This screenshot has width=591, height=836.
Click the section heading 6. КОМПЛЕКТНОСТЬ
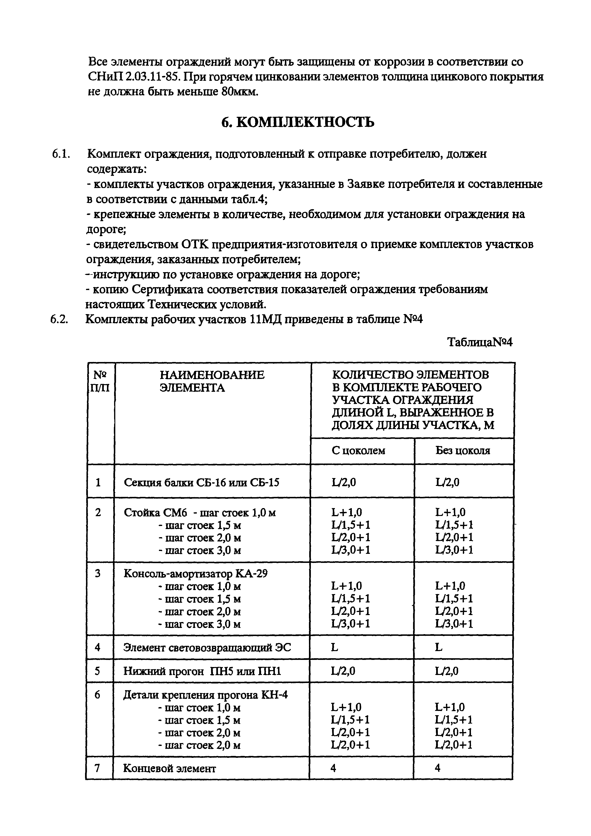(x=298, y=123)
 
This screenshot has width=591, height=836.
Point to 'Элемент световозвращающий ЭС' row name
(x=207, y=647)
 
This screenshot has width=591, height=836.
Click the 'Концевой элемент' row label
(x=170, y=768)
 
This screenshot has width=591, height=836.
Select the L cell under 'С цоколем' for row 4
(x=334, y=647)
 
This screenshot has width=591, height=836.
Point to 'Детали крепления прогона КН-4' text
(x=205, y=695)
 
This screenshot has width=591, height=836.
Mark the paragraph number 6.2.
(x=59, y=319)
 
